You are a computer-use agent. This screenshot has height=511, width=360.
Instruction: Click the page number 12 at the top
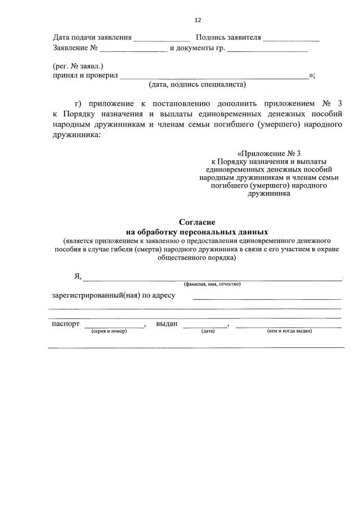click(197, 20)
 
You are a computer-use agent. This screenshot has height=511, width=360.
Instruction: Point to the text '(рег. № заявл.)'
click(78, 66)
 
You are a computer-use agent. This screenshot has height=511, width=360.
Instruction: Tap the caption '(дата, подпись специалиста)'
click(197, 85)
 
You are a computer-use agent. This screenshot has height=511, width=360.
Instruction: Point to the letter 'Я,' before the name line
click(78, 276)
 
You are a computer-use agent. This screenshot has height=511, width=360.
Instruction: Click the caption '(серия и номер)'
click(109, 331)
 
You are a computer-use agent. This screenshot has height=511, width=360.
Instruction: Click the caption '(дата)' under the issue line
click(207, 331)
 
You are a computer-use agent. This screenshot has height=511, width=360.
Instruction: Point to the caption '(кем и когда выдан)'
click(289, 331)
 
